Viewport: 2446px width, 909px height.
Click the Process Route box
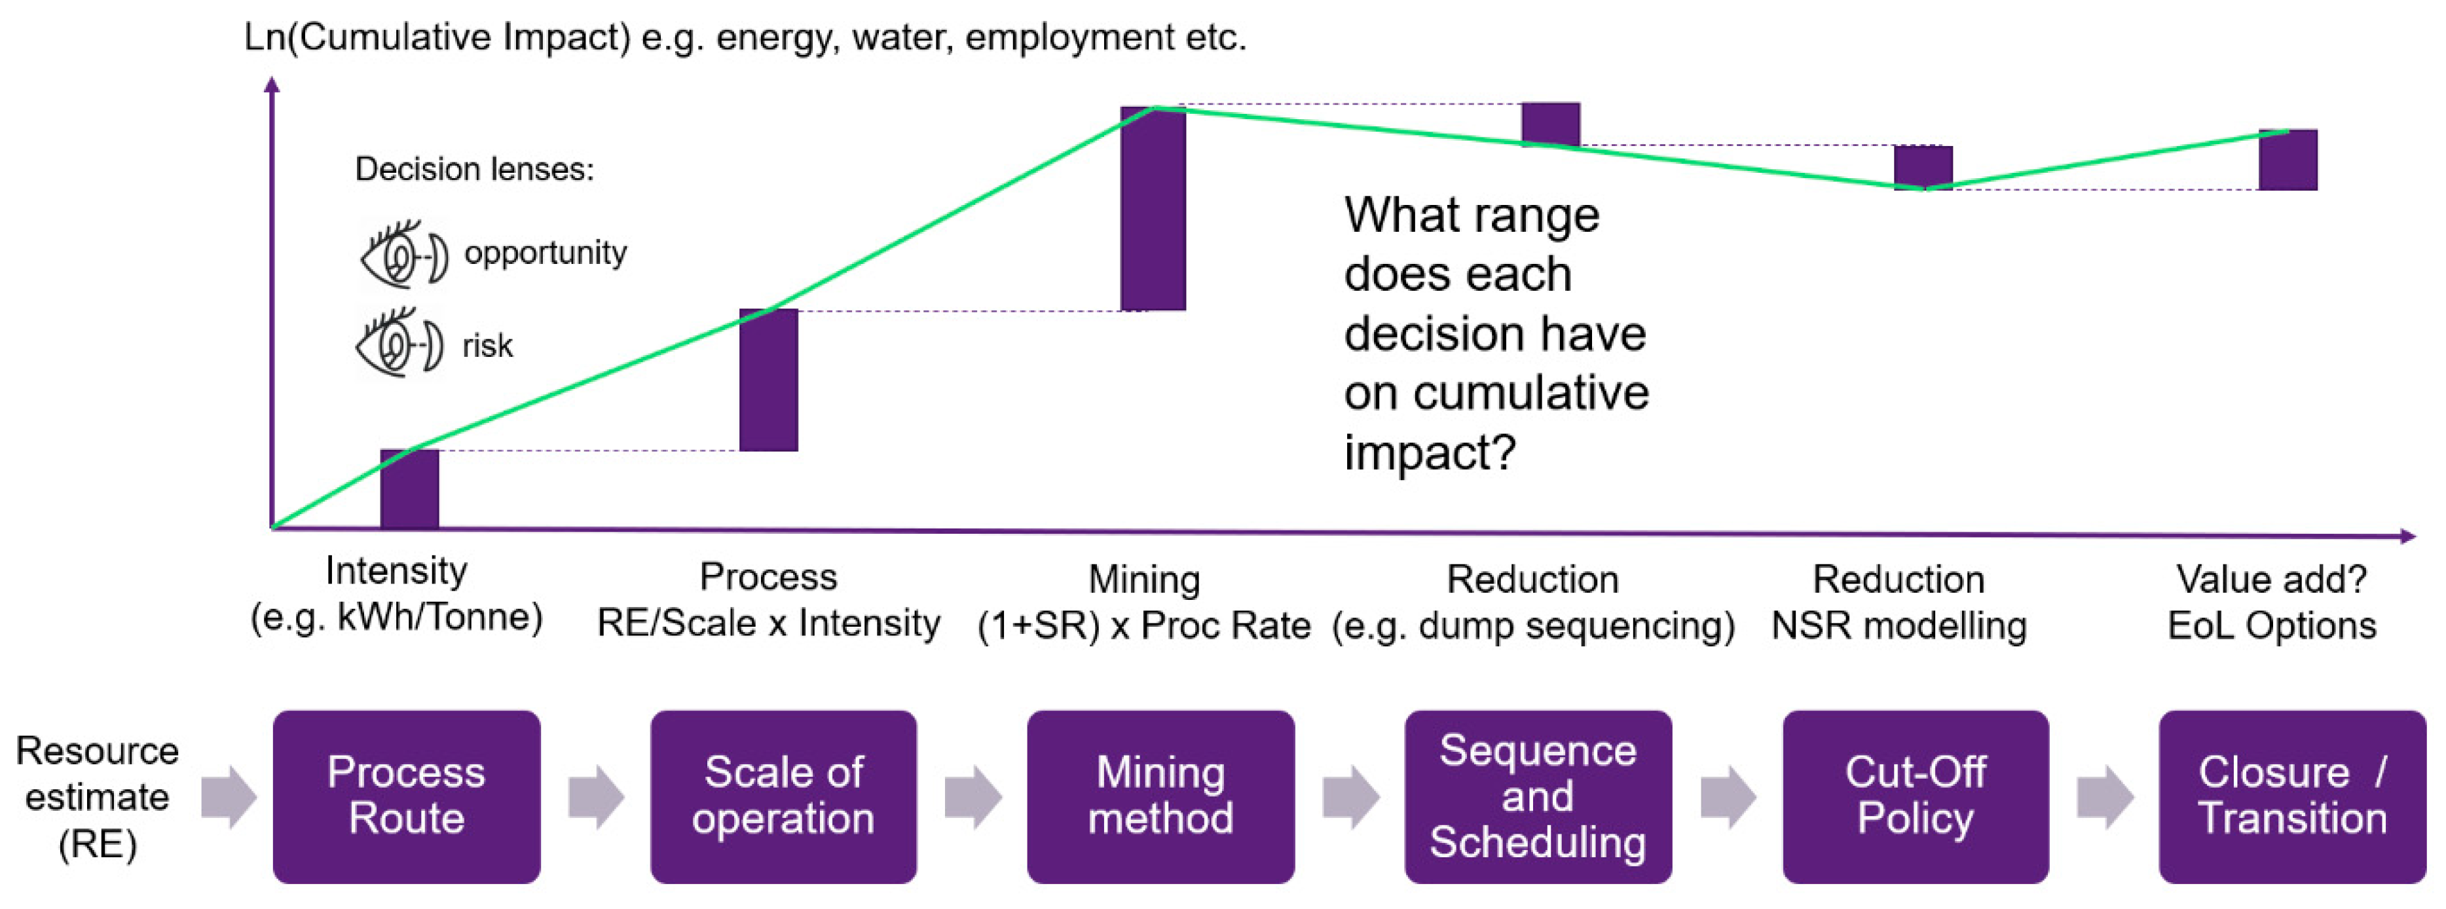tap(407, 796)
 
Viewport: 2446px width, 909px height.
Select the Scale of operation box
tap(783, 796)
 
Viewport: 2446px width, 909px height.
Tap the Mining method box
tap(1160, 796)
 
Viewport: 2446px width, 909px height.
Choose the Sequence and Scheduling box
tap(1538, 796)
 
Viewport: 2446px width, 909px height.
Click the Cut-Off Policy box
tap(1915, 796)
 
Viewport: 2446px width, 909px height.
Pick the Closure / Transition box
tap(2292, 796)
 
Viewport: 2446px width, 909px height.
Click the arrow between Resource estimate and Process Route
tap(229, 796)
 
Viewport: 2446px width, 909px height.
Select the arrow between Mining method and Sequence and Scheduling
tap(1350, 796)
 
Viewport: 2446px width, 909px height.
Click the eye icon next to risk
tap(399, 344)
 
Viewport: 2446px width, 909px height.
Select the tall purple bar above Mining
tap(1153, 209)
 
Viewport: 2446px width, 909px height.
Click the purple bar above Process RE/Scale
tap(768, 380)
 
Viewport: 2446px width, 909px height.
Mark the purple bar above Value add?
tap(2288, 160)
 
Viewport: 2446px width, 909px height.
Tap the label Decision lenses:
tap(474, 169)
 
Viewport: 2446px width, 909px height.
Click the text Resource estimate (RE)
tap(97, 796)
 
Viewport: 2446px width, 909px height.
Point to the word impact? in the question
tap(1429, 452)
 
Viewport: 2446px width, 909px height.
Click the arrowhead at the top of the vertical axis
tap(272, 84)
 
